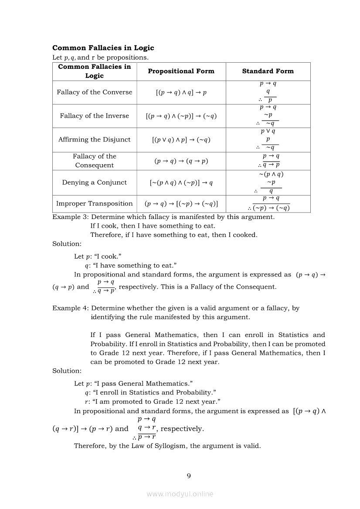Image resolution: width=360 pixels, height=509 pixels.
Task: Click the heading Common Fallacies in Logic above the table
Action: click(x=103, y=48)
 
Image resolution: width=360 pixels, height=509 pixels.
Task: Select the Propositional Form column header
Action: click(x=181, y=71)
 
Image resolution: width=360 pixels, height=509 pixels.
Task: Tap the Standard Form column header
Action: click(x=268, y=71)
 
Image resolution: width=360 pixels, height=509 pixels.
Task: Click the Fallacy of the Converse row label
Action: click(x=94, y=92)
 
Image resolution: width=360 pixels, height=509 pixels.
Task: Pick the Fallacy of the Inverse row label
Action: click(x=94, y=116)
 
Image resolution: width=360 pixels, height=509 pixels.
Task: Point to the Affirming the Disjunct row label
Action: click(x=94, y=140)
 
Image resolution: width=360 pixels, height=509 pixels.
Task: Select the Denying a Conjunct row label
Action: click(x=94, y=182)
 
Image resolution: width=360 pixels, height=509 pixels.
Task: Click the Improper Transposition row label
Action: click(x=94, y=204)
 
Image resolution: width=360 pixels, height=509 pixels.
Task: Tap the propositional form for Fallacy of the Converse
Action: click(x=181, y=92)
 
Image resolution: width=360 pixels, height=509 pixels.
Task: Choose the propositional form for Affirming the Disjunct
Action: click(x=181, y=140)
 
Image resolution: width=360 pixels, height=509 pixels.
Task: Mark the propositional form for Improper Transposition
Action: click(x=181, y=204)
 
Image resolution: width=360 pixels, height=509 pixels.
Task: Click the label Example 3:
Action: click(x=71, y=217)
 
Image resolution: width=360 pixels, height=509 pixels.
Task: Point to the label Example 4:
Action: click(x=71, y=308)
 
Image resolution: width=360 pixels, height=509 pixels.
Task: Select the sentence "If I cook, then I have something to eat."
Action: click(x=153, y=226)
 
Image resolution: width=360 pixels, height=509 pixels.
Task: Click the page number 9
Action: click(x=188, y=475)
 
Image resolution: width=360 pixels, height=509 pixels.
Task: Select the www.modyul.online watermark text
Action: click(x=180, y=494)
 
